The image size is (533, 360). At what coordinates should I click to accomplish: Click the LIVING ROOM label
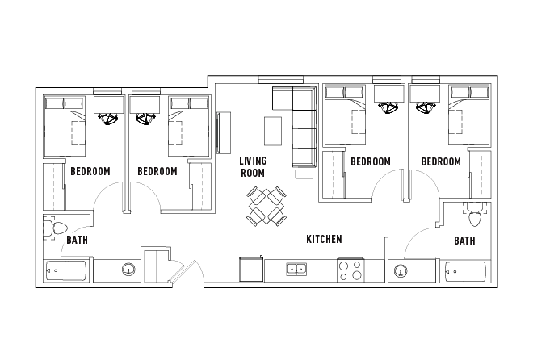click(x=252, y=166)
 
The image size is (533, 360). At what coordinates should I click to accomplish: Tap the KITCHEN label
click(x=324, y=240)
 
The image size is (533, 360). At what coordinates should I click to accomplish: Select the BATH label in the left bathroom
click(x=77, y=240)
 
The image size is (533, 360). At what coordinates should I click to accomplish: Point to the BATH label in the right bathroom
click(x=464, y=241)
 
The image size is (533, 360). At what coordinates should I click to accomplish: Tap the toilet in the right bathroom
click(x=474, y=216)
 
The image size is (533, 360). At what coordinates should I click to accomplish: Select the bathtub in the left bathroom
click(x=65, y=271)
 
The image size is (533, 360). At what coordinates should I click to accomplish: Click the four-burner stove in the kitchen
click(x=350, y=270)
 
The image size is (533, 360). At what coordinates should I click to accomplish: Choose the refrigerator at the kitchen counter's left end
click(x=251, y=268)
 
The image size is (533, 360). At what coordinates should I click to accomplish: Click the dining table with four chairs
click(x=266, y=205)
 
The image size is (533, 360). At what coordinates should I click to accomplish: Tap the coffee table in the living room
click(x=273, y=130)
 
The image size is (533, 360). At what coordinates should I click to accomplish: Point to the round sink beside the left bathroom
click(x=127, y=270)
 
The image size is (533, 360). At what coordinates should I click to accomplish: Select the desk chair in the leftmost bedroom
click(x=107, y=119)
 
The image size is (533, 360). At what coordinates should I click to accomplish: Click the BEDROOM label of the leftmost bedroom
click(x=90, y=171)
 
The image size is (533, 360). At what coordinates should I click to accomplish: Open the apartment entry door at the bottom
click(x=185, y=272)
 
